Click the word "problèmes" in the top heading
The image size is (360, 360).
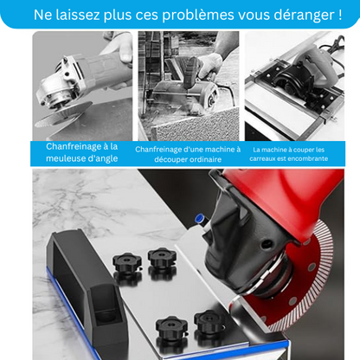click(x=184, y=15)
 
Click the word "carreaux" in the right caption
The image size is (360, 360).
click(x=267, y=158)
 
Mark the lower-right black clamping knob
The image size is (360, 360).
click(x=211, y=324)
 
